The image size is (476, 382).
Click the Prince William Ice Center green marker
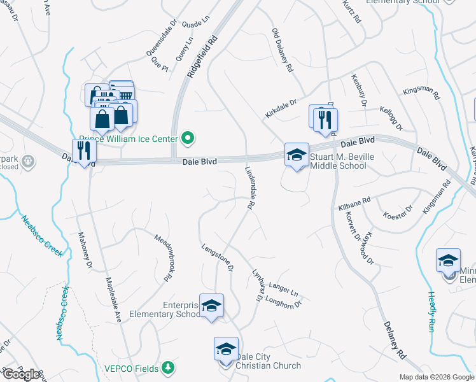[x=188, y=138]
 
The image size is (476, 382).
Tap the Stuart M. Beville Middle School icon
[x=296, y=155]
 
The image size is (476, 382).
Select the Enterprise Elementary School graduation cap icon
[x=211, y=306]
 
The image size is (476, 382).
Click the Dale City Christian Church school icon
[x=226, y=350]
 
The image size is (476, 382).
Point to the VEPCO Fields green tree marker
[x=167, y=367]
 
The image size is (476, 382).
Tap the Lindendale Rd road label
[x=250, y=188]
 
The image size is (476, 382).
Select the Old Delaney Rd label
[x=282, y=50]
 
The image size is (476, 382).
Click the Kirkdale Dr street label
[x=281, y=108]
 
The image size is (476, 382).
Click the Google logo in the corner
[x=22, y=374]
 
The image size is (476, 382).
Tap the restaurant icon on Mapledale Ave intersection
[x=84, y=151]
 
